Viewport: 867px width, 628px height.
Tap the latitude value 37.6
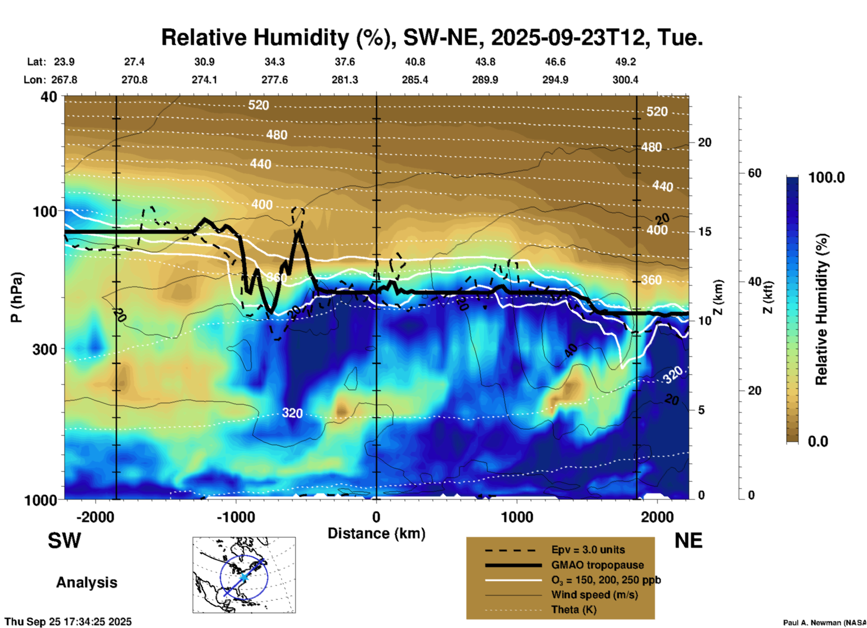pos(344,62)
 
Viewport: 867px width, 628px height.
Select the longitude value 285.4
pos(415,80)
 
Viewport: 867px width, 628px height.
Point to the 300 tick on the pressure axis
pos(45,349)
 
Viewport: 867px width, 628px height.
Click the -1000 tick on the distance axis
pos(236,517)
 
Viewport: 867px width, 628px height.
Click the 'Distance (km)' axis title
pos(376,533)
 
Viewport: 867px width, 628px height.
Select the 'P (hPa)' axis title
pos(17,297)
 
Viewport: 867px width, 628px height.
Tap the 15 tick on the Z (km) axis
pos(704,232)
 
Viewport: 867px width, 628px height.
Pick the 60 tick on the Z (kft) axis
pos(754,173)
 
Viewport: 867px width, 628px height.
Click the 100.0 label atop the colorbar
pos(826,177)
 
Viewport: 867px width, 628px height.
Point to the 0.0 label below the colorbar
pos(817,441)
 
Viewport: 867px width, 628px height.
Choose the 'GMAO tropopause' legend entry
pos(597,565)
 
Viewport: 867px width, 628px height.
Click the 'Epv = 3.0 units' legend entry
pos(588,550)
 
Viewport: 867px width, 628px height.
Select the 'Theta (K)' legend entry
pos(573,610)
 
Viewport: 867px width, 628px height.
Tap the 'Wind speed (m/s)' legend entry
pos(594,595)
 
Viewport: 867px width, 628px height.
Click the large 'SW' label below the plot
pos(64,541)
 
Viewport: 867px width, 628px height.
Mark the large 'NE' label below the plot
pos(688,541)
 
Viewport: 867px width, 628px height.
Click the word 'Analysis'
pos(86,582)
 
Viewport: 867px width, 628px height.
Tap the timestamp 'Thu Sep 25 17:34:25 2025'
pos(68,622)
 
